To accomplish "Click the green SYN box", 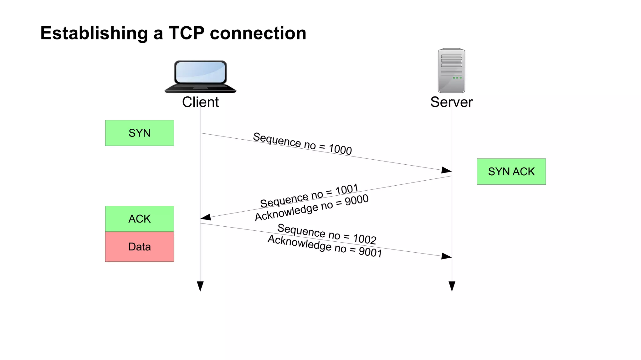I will [139, 133].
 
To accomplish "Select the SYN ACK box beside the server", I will [511, 172].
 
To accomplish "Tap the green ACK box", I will [139, 219].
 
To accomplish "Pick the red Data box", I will [139, 247].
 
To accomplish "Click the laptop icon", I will [200, 77].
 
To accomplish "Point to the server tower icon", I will [451, 70].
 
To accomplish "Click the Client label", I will [200, 102].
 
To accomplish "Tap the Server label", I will [451, 102].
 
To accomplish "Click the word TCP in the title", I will [187, 33].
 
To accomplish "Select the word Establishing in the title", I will [94, 33].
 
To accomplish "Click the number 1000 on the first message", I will [340, 149].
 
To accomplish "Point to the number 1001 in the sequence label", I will [347, 189].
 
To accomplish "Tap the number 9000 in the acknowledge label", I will [356, 200].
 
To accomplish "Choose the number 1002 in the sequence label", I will [365, 239].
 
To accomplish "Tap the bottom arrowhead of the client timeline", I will [200, 286].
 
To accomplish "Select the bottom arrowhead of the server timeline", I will [452, 286].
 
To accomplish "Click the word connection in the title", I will [258, 33].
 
